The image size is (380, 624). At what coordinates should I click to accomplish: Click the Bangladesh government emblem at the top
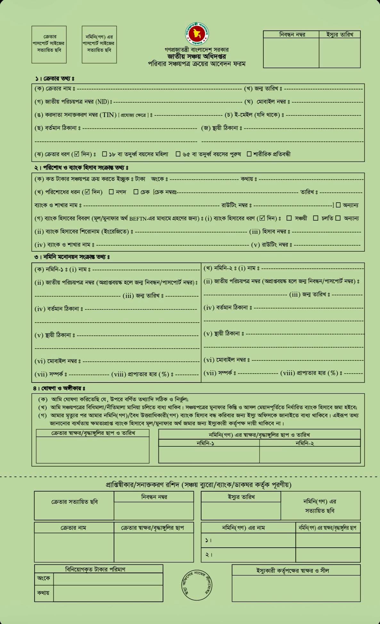pyautogui.click(x=197, y=34)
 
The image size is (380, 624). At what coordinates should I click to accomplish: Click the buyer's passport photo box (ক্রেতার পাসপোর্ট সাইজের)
pyautogui.click(x=49, y=44)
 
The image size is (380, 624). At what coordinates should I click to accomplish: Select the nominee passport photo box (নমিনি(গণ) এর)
pyautogui.click(x=99, y=44)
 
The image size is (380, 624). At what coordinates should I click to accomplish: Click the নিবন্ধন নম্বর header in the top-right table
pyautogui.click(x=292, y=35)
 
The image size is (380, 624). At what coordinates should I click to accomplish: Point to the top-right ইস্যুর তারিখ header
pyautogui.click(x=340, y=35)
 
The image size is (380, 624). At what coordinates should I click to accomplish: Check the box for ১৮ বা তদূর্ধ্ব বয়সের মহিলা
pyautogui.click(x=104, y=154)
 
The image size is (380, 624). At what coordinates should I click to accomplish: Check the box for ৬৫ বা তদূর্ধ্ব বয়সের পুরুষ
pyautogui.click(x=178, y=154)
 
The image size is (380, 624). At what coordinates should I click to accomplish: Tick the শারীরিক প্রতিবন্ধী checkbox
pyautogui.click(x=249, y=154)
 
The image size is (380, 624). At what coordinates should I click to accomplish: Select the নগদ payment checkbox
pyautogui.click(x=111, y=192)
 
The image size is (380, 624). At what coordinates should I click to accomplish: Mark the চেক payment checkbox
pyautogui.click(x=136, y=192)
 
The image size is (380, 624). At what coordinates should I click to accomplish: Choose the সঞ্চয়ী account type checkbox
pyautogui.click(x=289, y=218)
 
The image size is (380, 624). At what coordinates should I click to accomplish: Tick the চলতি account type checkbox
pyautogui.click(x=316, y=218)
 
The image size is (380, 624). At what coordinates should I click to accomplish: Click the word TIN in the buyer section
pyautogui.click(x=108, y=115)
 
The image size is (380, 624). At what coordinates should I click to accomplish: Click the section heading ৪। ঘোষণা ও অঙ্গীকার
pyautogui.click(x=59, y=388)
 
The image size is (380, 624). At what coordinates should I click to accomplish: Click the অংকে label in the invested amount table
pyautogui.click(x=44, y=578)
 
